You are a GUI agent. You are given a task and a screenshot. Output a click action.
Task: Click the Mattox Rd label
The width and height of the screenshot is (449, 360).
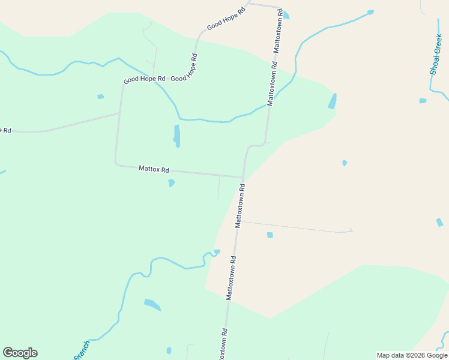coord(154,169)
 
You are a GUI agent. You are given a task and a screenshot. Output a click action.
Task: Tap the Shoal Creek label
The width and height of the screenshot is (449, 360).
coord(436,55)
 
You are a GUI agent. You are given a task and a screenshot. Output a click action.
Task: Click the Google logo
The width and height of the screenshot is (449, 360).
coord(20,353)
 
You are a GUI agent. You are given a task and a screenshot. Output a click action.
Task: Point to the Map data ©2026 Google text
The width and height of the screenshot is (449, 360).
coord(412,355)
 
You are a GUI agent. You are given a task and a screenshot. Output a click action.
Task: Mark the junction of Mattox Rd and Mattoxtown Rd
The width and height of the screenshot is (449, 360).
coord(243,178)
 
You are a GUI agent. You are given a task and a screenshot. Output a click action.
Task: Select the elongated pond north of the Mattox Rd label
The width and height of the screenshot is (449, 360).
coord(176,136)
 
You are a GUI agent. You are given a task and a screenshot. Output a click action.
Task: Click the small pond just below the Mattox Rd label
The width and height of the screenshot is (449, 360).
coord(171,182)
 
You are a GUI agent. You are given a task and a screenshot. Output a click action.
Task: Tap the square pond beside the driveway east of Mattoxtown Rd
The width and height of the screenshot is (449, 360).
coord(270,235)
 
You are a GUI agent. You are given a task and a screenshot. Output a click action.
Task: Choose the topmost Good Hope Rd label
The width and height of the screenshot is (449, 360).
coord(226,19)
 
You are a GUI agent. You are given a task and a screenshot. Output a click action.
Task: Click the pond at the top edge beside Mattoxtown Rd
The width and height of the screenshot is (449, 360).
coord(286,15)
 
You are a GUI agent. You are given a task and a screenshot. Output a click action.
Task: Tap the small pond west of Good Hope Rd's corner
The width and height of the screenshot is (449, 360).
coord(100,96)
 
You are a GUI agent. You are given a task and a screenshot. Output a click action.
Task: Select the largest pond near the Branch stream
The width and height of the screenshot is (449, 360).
coord(152,305)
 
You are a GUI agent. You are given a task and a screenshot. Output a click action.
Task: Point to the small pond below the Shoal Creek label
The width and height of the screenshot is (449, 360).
coord(423,101)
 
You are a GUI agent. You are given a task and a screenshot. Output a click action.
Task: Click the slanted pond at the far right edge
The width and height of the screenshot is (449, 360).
coord(439,222)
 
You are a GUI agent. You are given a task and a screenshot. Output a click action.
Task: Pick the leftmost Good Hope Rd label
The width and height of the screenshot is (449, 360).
coord(144,79)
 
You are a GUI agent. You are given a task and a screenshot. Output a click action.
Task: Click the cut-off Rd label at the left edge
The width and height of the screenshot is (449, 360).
coord(5,130)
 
